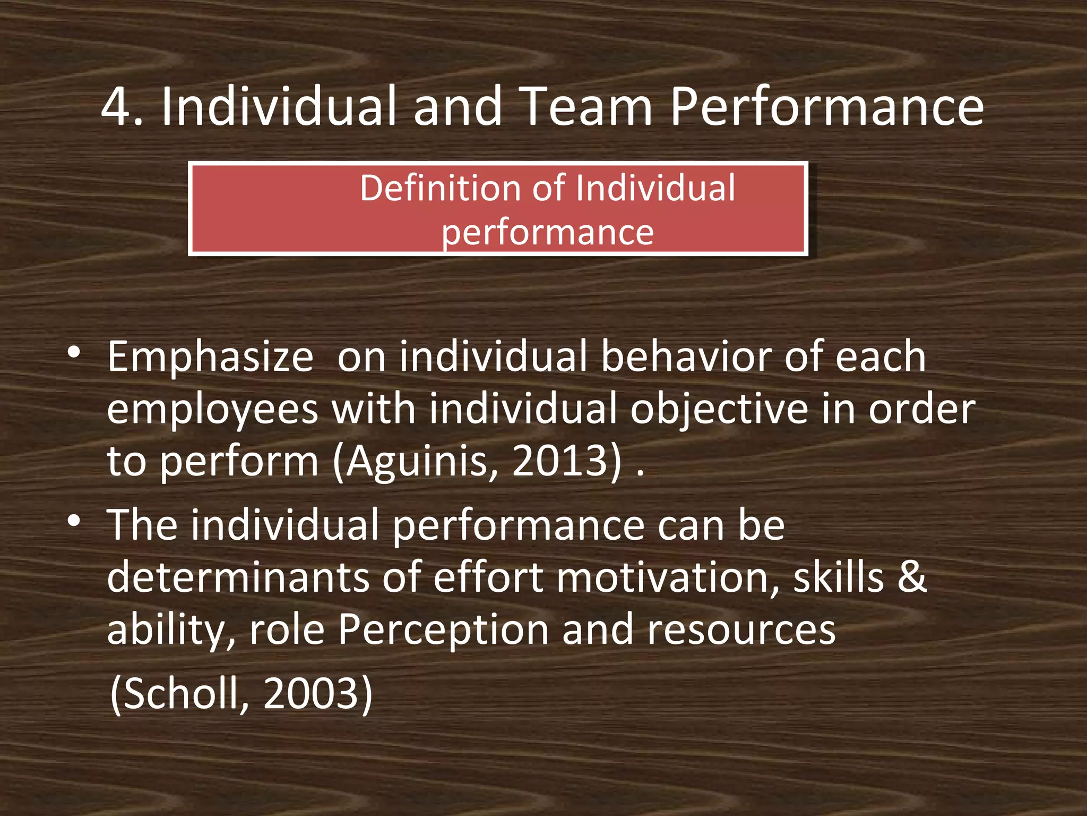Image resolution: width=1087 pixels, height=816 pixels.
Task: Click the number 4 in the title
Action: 115,107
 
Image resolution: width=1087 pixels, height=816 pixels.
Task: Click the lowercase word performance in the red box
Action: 548,233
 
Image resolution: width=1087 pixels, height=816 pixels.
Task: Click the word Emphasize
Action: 210,357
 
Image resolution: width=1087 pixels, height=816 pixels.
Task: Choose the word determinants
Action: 238,578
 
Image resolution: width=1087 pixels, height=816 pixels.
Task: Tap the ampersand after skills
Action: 912,578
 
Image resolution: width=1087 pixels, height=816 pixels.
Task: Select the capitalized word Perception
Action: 443,630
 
